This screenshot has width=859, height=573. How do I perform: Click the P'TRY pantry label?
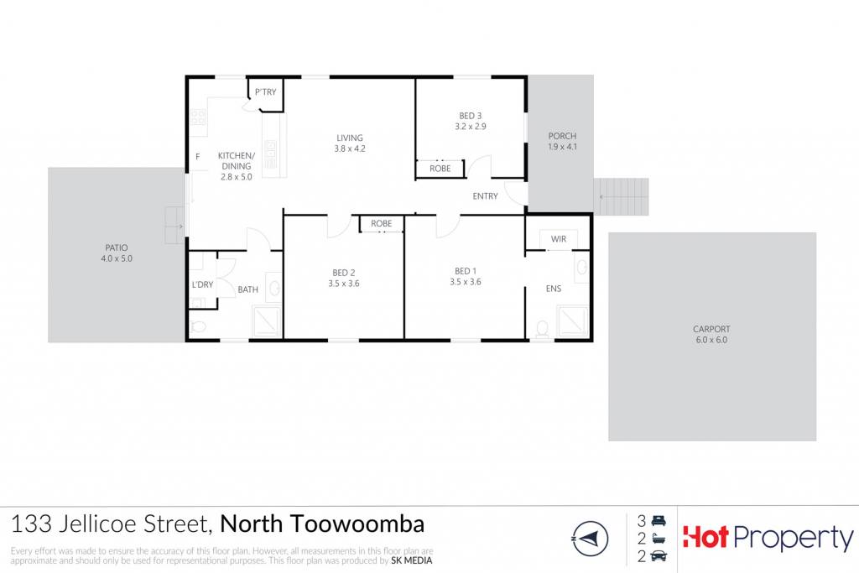[x=266, y=92]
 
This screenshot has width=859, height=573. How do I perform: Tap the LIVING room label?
[x=350, y=138]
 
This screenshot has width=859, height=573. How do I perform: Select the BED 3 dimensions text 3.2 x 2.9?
[x=471, y=127]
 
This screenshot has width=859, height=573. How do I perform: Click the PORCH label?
[x=562, y=136]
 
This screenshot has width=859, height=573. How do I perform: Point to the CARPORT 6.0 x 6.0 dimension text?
[x=711, y=340]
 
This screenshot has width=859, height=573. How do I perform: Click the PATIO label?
[x=117, y=247]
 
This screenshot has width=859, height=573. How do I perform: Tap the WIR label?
[x=559, y=239]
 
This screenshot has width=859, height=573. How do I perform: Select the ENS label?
[x=554, y=289]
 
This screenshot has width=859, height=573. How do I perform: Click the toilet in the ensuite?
[x=543, y=329]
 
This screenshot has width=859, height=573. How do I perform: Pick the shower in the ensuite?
[x=572, y=321]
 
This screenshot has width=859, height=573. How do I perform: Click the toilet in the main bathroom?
[x=197, y=327]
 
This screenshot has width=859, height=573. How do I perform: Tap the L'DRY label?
[x=203, y=285]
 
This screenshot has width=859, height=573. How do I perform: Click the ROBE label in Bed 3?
[x=440, y=169]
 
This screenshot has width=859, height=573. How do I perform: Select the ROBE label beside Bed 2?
[x=382, y=223]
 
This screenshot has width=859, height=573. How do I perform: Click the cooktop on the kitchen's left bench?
[x=198, y=117]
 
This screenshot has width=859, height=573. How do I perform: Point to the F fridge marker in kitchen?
[x=198, y=157]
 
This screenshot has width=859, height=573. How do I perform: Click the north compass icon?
[x=590, y=539]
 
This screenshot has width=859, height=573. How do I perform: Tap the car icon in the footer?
[x=659, y=556]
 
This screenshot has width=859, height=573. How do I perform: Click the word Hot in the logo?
[x=705, y=537]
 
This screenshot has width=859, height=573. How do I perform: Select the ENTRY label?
[x=486, y=196]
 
